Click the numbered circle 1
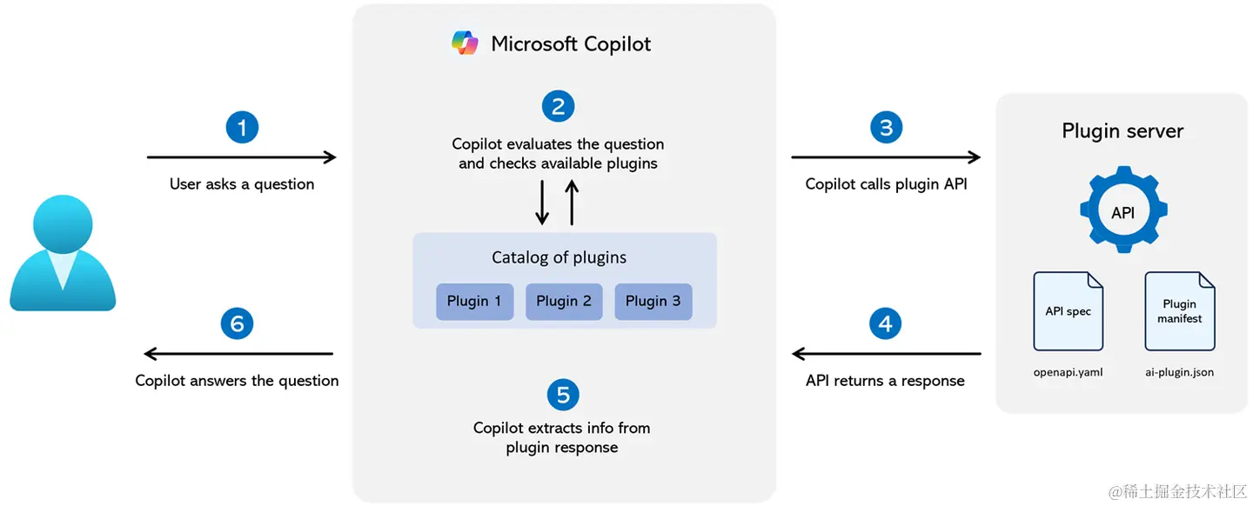[242, 128]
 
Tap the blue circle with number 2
[559, 106]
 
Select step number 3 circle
[886, 128]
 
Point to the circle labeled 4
[885, 323]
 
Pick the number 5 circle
[563, 395]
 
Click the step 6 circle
[238, 323]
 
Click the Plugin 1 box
[474, 302]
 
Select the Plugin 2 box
[564, 302]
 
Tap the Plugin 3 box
[653, 302]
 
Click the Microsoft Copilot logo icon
[465, 43]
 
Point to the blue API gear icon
[1123, 210]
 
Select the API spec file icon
[1068, 311]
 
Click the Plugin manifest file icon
[1179, 311]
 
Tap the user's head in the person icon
[63, 223]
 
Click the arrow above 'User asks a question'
[242, 157]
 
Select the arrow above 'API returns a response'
[887, 353]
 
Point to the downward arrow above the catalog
[541, 203]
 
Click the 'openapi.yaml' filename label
[1068, 372]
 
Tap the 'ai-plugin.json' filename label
[1179, 372]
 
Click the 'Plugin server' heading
[1122, 130]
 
